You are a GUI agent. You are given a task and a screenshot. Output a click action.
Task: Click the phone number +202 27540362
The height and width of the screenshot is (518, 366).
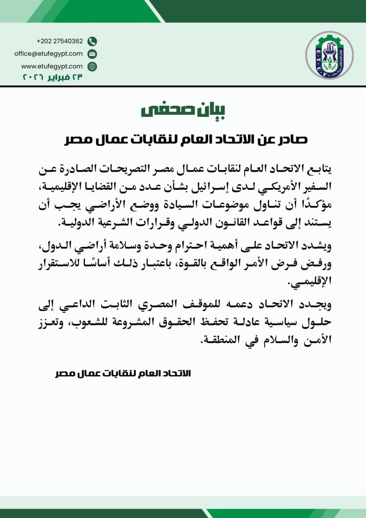[x=59, y=41]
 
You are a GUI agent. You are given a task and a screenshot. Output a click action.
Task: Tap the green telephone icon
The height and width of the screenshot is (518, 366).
[x=92, y=41]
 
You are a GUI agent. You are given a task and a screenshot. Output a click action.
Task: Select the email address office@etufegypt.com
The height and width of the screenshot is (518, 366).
[x=49, y=53]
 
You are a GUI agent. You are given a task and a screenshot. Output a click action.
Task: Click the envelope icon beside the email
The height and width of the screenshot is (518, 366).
[x=92, y=54]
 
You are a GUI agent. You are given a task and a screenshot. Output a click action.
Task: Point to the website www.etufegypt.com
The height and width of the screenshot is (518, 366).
[x=52, y=66]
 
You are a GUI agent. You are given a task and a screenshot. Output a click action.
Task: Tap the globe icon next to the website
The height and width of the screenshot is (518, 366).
[x=92, y=66]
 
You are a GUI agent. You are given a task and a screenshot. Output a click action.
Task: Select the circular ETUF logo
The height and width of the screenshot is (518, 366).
[x=329, y=55]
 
